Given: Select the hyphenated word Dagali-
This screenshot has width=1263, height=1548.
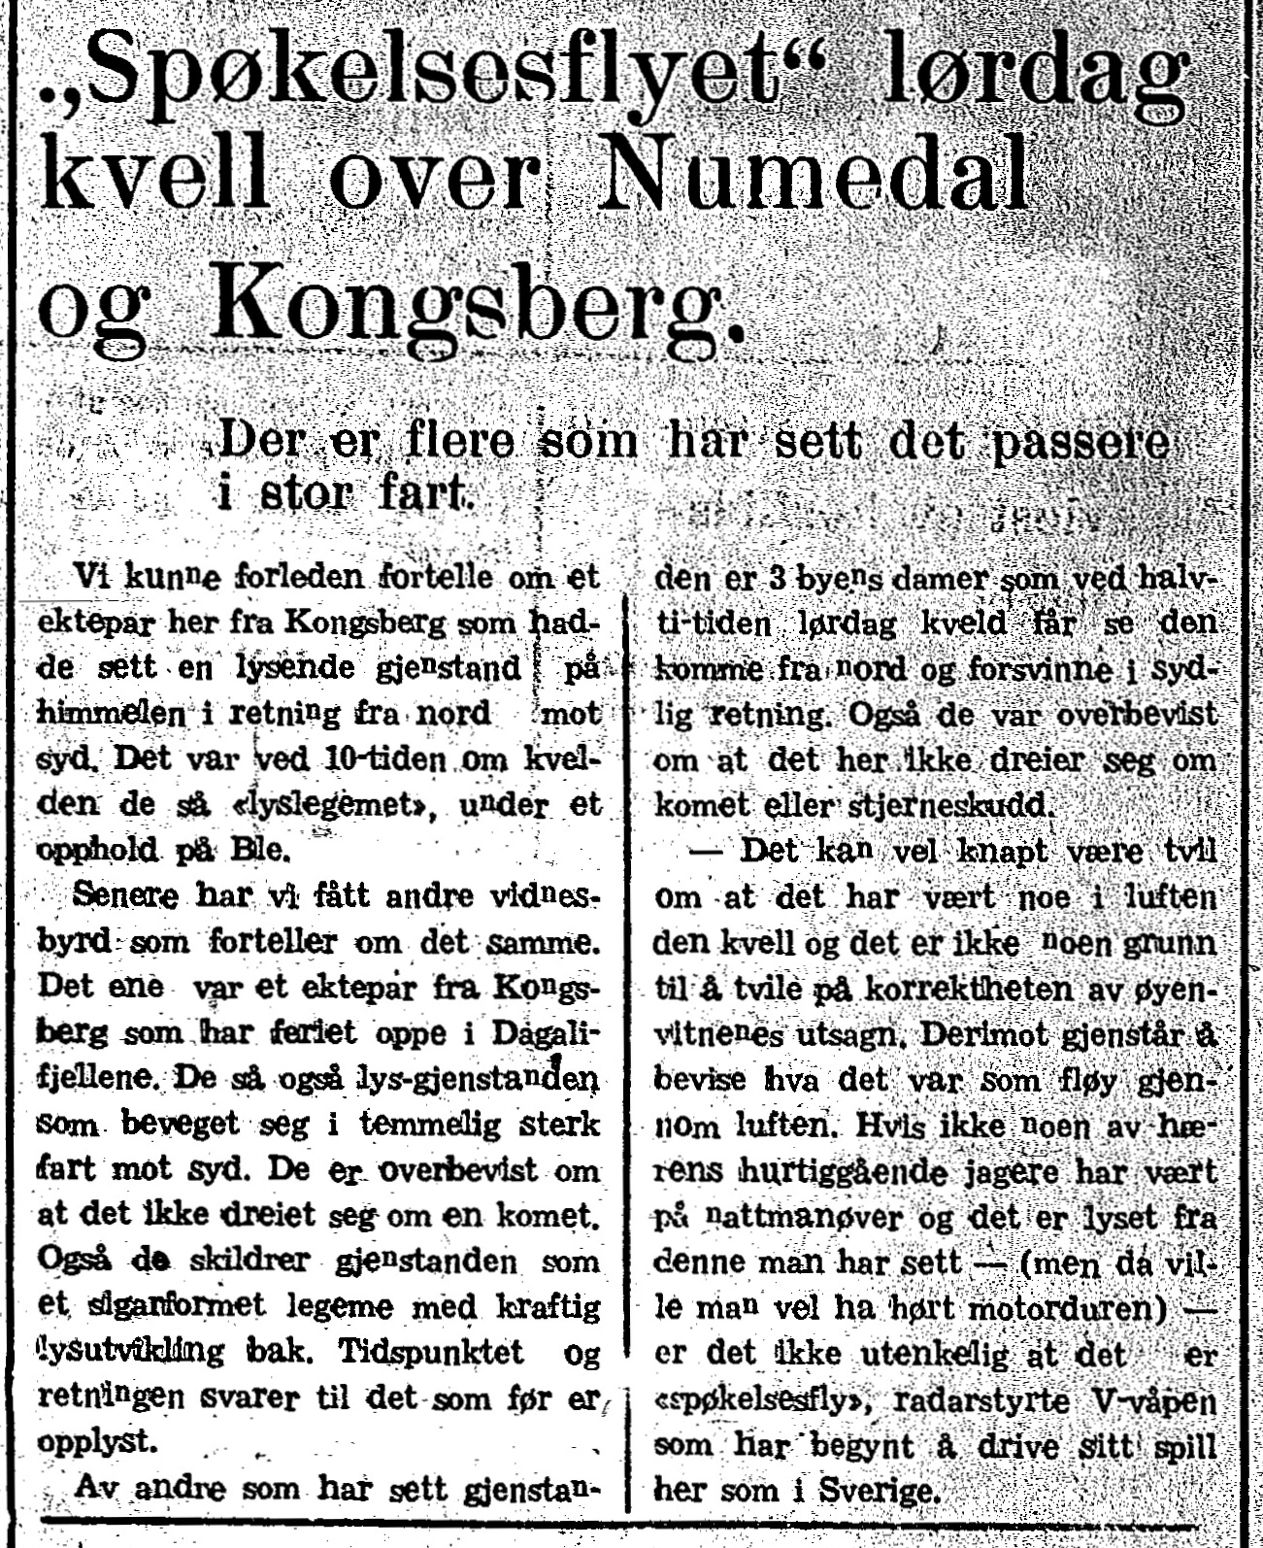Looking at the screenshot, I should [x=545, y=1032].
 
